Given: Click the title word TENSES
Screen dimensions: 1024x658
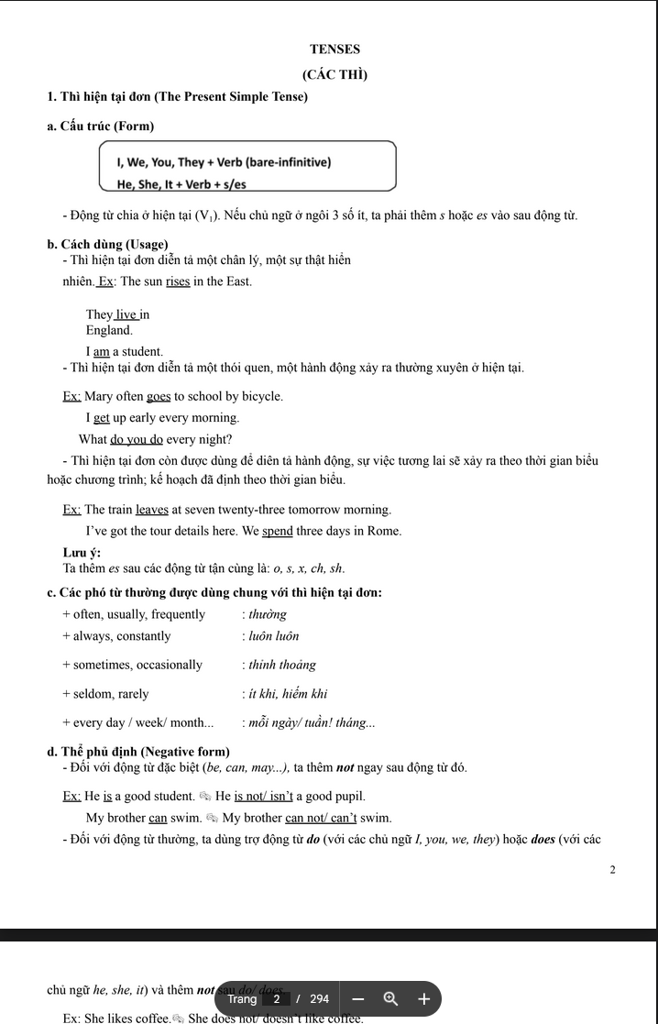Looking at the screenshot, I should click(334, 50).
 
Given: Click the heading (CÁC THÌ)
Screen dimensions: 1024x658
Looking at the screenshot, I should click(334, 74).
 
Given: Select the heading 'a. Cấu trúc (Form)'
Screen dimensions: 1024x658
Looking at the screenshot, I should click(101, 126).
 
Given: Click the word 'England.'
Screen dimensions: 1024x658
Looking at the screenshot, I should click(109, 330).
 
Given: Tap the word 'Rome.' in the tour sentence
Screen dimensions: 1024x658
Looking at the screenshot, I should click(385, 531).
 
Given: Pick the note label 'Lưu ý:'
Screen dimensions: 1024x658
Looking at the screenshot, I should click(82, 552).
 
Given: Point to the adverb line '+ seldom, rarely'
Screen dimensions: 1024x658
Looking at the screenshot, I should click(105, 694).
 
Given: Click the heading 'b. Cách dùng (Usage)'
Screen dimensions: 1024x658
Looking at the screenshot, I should click(107, 244).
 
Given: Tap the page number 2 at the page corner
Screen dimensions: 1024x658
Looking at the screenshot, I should click(613, 869).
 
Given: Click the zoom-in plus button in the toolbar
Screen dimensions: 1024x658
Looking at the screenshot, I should click(423, 998).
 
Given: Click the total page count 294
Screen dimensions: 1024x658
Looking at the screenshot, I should click(319, 999).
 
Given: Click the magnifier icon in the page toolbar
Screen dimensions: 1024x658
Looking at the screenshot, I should click(390, 998).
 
